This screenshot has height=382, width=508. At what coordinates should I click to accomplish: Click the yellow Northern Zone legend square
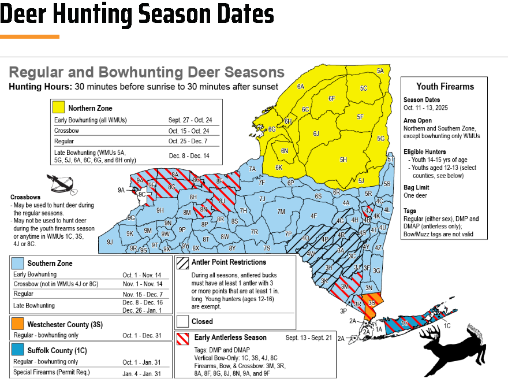[x=58, y=107]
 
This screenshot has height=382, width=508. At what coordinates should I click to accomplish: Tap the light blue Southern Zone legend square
[x=18, y=263]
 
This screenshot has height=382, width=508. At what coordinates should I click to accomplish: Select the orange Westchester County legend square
[x=18, y=324]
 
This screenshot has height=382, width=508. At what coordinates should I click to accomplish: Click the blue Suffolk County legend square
[x=18, y=350]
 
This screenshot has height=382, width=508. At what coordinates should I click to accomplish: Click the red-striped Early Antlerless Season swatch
[x=183, y=338]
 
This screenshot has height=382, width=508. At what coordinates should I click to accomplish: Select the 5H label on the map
[x=343, y=160]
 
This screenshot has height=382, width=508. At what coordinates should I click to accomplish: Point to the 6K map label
[x=279, y=168]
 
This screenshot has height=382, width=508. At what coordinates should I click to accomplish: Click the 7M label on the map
[x=281, y=212]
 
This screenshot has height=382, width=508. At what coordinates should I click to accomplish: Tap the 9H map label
[x=160, y=210]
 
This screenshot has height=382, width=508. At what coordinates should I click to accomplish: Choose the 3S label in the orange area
[x=372, y=302]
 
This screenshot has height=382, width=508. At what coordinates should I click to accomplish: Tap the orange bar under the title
[x=29, y=36]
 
